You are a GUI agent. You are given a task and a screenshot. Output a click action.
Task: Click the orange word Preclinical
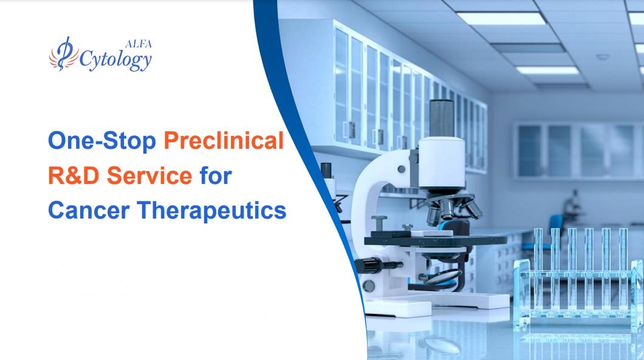coord(224,141)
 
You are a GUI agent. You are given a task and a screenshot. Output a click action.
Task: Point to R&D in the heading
coord(75,176)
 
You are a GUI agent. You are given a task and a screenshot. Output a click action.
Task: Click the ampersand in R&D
coord(75,176)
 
